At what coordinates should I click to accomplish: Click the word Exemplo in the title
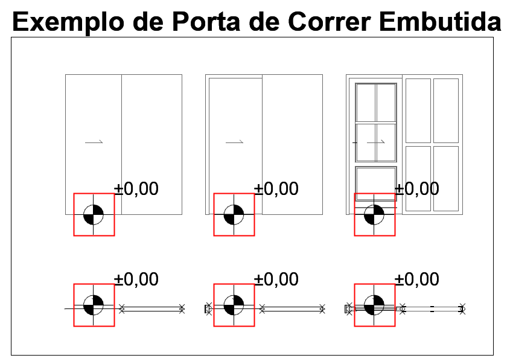click(68, 22)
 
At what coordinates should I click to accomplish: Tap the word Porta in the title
click(206, 22)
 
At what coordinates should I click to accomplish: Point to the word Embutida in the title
click(440, 22)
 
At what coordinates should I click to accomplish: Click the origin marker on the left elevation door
click(94, 215)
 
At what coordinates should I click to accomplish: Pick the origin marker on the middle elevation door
click(234, 215)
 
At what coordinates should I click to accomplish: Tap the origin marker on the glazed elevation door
click(374, 215)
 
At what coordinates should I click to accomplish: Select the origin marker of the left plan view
click(94, 305)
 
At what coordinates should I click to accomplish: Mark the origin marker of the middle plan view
click(234, 305)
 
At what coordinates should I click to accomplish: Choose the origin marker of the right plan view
click(374, 305)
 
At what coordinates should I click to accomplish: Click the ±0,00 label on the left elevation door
click(136, 189)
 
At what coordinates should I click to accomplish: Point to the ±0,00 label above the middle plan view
click(276, 279)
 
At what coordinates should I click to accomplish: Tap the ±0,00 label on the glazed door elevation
click(417, 189)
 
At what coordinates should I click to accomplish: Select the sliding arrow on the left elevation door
click(94, 142)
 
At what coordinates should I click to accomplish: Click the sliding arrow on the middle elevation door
click(235, 142)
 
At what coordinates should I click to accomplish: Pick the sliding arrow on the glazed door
click(375, 142)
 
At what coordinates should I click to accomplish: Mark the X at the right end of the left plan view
click(182, 308)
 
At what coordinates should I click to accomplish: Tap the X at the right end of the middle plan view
click(322, 308)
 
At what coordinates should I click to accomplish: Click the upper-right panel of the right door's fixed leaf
click(446, 110)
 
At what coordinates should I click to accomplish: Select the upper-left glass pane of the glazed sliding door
click(366, 103)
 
